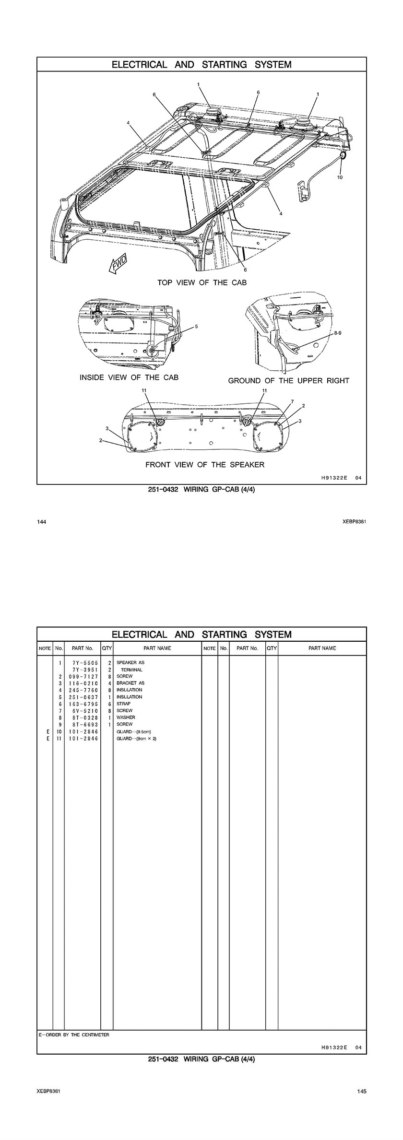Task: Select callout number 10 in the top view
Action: click(x=340, y=177)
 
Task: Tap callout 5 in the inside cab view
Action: click(x=196, y=327)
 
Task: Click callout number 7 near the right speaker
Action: click(x=292, y=401)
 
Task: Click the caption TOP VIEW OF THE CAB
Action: click(x=202, y=282)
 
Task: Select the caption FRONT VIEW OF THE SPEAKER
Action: click(x=205, y=464)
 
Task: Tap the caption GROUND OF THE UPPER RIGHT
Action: click(x=288, y=381)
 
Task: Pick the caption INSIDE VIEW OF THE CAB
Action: click(x=129, y=377)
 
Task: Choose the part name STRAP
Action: click(x=123, y=704)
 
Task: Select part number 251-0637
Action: click(x=83, y=697)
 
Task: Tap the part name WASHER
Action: click(x=126, y=717)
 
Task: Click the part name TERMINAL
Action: click(x=131, y=670)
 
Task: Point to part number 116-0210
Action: click(x=83, y=683)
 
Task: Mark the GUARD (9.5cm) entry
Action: click(x=135, y=732)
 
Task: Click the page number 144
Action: click(x=41, y=521)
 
